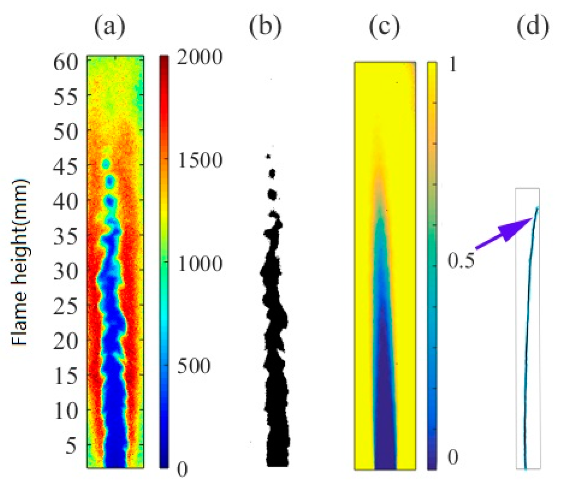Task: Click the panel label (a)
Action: (x=110, y=27)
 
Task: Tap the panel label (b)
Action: (x=265, y=27)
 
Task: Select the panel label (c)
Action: (x=385, y=27)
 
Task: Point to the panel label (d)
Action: (x=533, y=27)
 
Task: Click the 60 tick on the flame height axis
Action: (x=66, y=62)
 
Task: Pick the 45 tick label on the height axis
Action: (x=66, y=167)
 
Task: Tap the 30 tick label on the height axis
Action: (x=66, y=272)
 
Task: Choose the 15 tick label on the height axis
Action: (x=66, y=376)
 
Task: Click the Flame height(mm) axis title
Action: (x=20, y=262)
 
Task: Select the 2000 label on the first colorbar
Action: (x=200, y=58)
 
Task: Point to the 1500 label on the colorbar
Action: (x=200, y=160)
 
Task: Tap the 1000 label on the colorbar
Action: (x=200, y=263)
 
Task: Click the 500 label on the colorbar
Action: (x=194, y=365)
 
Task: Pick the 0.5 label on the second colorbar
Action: (x=461, y=261)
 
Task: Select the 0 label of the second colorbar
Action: (x=453, y=457)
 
